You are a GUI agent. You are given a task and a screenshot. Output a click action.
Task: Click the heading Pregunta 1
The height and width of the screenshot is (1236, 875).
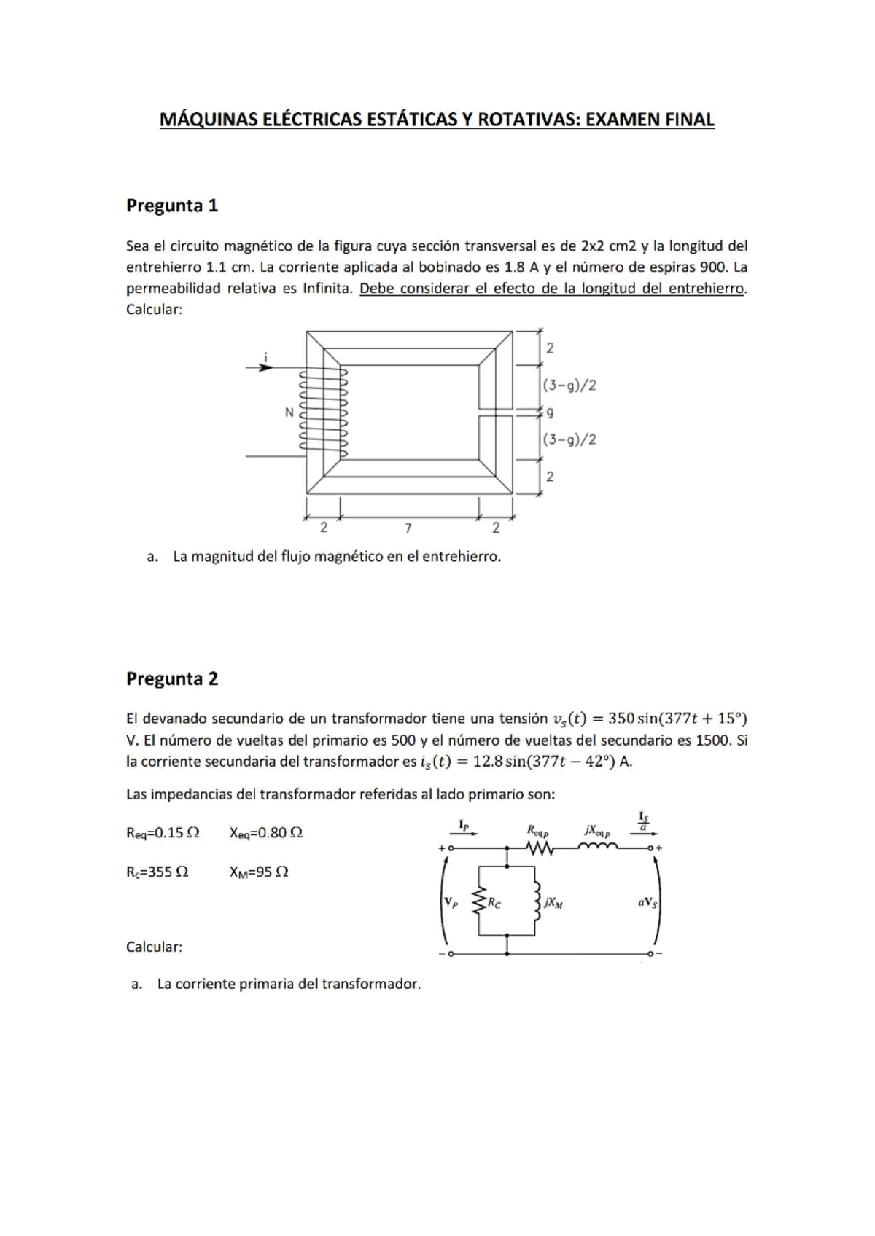(172, 206)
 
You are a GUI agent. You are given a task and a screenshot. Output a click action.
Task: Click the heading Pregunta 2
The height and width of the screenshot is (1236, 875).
(172, 678)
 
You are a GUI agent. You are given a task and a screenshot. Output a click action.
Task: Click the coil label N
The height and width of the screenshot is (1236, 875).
(289, 412)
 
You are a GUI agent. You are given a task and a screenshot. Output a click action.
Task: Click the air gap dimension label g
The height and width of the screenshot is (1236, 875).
(550, 412)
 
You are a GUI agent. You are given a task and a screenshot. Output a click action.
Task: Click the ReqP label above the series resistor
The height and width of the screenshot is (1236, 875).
(537, 830)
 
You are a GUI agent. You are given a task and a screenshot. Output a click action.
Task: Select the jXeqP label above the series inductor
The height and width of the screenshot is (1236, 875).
(597, 830)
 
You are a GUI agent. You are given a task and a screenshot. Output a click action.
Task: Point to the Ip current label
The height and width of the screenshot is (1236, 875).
(464, 825)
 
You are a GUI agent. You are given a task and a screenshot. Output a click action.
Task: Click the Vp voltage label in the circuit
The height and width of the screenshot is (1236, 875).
(451, 902)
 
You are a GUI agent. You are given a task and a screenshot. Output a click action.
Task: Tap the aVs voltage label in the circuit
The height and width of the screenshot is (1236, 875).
(647, 902)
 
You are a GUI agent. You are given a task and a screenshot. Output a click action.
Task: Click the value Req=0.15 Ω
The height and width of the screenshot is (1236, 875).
(163, 832)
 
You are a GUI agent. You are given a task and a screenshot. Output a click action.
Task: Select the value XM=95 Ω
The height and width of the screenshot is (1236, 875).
(259, 872)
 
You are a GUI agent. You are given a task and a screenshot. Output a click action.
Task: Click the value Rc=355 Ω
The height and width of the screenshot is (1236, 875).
(157, 872)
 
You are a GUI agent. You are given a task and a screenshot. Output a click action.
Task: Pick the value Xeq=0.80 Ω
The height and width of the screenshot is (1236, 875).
(266, 832)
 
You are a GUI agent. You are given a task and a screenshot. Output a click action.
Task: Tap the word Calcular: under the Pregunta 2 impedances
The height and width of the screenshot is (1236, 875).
(154, 947)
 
